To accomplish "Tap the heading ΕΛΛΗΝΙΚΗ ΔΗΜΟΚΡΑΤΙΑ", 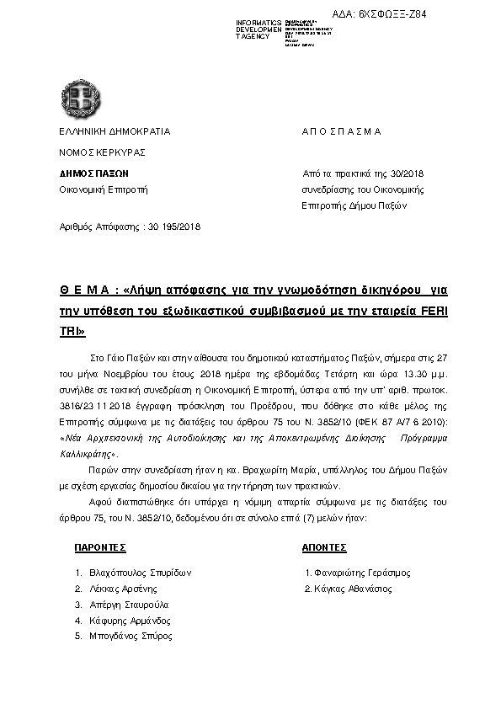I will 114,131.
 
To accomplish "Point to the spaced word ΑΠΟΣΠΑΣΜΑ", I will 341,131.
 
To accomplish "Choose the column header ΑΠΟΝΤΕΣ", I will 324,547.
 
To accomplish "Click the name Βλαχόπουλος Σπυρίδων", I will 140,573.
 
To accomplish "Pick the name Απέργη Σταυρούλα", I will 128,605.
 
